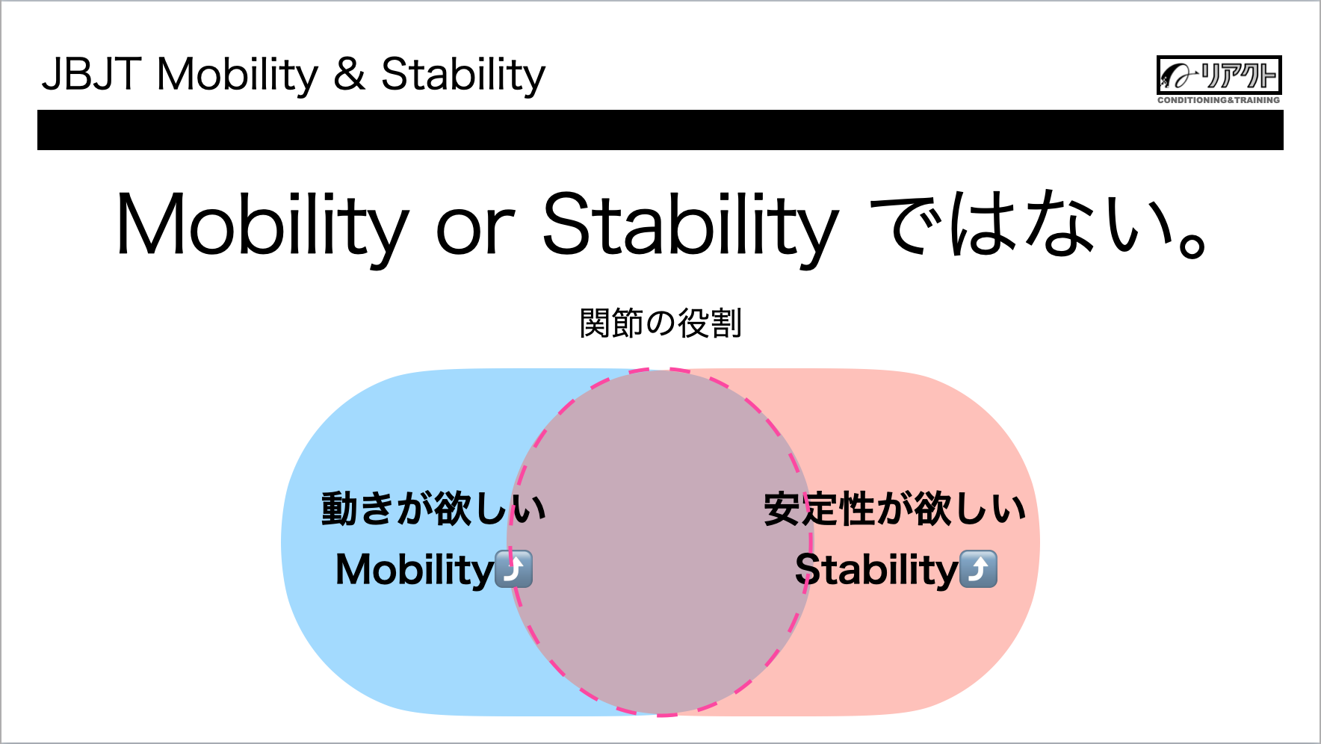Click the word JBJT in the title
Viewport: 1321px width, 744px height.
91,74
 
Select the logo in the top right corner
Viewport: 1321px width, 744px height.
1219,75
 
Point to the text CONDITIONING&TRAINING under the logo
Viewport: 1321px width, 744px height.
1219,100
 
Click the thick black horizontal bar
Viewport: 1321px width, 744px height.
660,130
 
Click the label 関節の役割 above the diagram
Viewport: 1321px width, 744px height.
660,323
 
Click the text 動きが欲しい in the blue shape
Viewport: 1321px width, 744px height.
433,509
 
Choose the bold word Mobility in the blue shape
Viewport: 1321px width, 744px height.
415,571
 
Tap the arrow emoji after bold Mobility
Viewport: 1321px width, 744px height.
514,569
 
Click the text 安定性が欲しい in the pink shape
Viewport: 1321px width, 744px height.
894,509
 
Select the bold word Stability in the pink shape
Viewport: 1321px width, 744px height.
876,571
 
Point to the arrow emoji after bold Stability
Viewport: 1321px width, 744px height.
978,569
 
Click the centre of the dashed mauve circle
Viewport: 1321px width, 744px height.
660,542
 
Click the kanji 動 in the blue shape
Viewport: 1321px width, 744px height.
339,509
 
